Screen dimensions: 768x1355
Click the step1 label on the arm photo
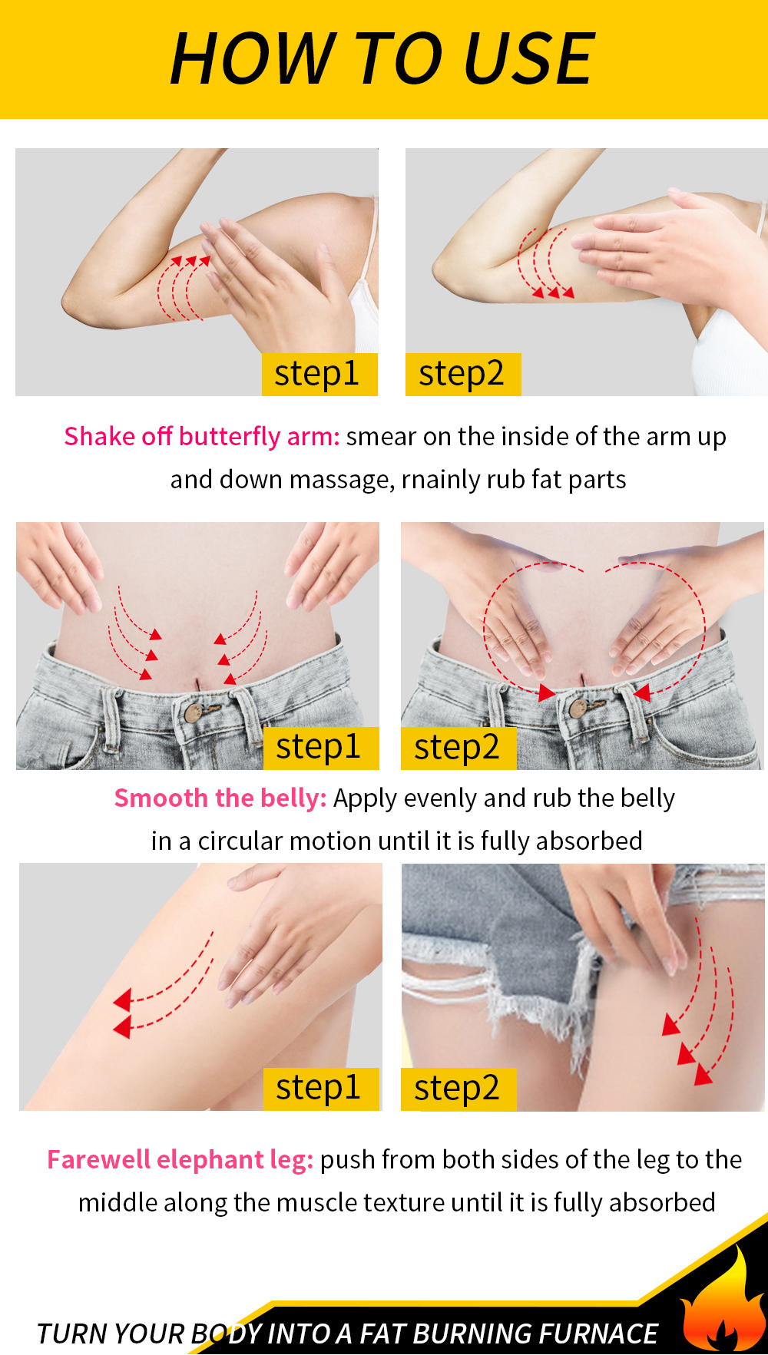(x=319, y=375)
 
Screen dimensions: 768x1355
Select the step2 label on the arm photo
(x=463, y=375)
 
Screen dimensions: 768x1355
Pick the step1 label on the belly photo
(x=321, y=748)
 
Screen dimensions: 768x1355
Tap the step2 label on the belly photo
(x=458, y=748)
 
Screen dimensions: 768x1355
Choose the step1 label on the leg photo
(x=321, y=1089)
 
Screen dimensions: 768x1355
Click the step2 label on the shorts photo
(x=458, y=1089)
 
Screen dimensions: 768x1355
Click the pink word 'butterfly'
(x=230, y=437)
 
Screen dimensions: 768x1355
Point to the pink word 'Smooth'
(x=161, y=798)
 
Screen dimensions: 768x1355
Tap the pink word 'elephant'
(x=210, y=1160)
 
